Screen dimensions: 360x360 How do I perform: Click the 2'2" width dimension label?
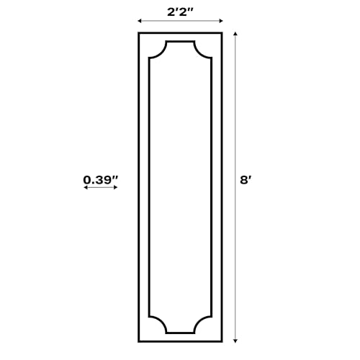coord(180,12)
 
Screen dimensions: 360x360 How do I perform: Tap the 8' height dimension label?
coord(246,180)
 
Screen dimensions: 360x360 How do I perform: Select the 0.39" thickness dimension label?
coord(101,180)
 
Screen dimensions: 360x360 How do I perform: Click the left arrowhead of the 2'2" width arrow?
coord(140,21)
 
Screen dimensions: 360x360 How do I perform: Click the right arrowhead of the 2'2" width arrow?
coord(221,21)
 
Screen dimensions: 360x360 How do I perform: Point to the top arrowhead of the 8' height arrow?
coord(235,34)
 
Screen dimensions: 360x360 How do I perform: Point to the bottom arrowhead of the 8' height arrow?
coord(235,341)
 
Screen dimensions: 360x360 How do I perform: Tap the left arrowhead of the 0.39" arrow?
coord(85,187)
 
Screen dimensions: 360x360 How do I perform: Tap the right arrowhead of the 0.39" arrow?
coord(115,187)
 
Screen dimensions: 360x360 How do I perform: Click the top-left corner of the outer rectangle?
coord(138,32)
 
